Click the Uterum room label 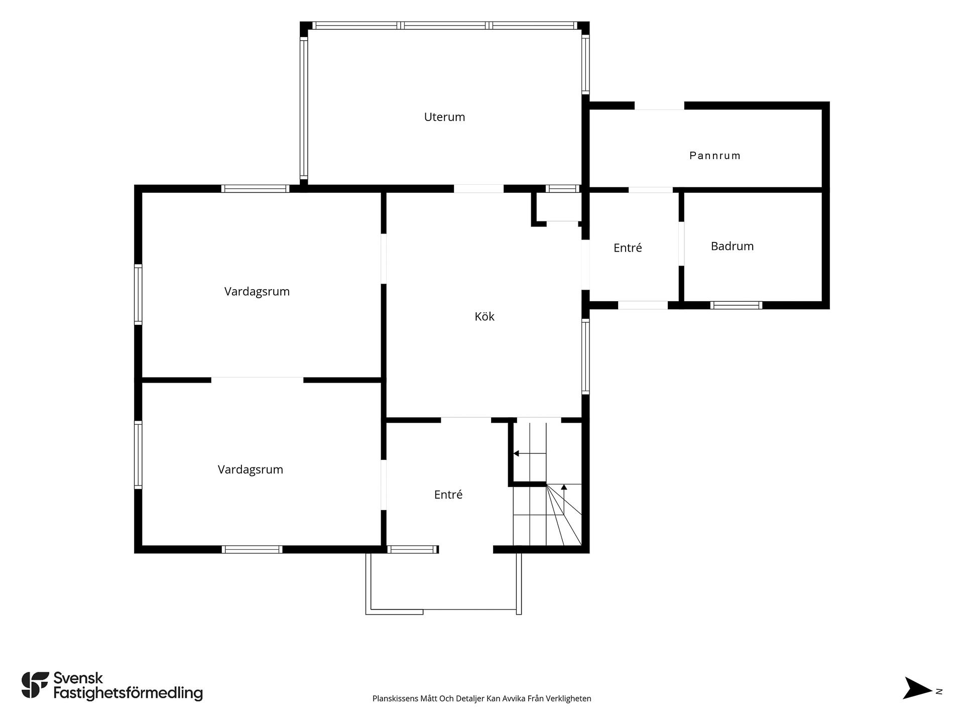pyautogui.click(x=444, y=117)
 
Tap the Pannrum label pyautogui.click(x=715, y=156)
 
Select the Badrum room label pyautogui.click(x=732, y=246)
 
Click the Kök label pyautogui.click(x=485, y=316)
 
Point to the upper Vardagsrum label pyautogui.click(x=257, y=291)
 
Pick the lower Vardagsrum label pyautogui.click(x=251, y=469)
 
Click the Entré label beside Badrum pyautogui.click(x=628, y=248)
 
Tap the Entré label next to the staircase pyautogui.click(x=448, y=495)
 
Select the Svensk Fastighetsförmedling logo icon pyautogui.click(x=35, y=685)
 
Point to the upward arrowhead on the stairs pyautogui.click(x=564, y=487)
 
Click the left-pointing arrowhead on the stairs pyautogui.click(x=516, y=453)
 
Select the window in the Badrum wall pyautogui.click(x=736, y=305)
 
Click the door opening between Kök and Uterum pyautogui.click(x=478, y=189)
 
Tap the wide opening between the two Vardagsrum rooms pyautogui.click(x=257, y=380)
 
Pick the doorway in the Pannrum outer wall pyautogui.click(x=659, y=105)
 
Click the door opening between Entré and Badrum pyautogui.click(x=681, y=244)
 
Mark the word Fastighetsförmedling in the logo pyautogui.click(x=128, y=693)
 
